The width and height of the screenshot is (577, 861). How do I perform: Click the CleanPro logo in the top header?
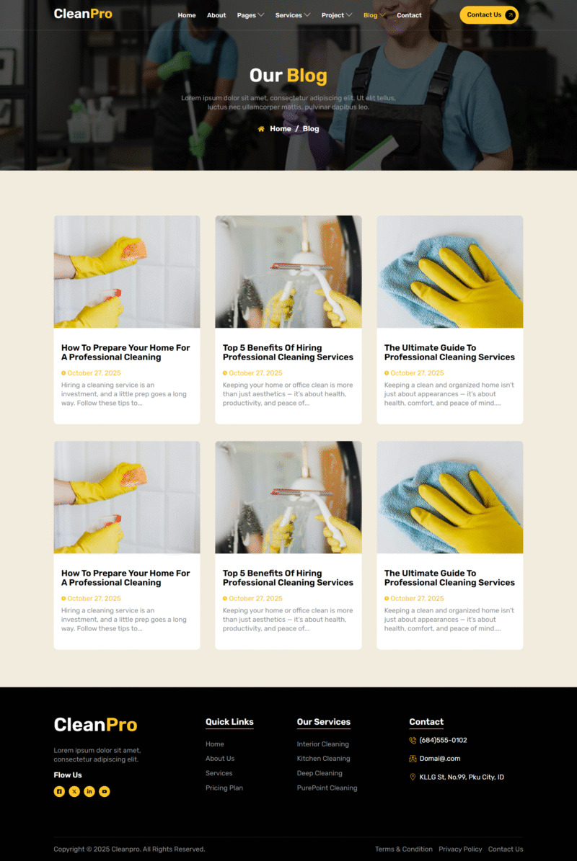coord(83,14)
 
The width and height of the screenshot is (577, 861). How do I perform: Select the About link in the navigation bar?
coord(216,15)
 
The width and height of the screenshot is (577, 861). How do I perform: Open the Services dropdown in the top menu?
coord(292,15)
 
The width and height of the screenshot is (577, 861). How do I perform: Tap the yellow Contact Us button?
coord(489,15)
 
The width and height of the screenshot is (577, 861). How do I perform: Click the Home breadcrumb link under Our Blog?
coord(281,128)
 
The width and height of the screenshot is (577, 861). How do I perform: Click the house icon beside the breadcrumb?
coord(261,129)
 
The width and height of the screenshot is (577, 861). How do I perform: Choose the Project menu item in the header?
coord(337,15)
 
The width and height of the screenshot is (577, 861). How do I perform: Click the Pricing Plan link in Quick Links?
coord(224,788)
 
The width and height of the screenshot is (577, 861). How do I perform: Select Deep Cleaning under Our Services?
coord(320,773)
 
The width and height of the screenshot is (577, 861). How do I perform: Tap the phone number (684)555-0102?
coord(443,740)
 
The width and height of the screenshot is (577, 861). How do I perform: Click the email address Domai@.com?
coord(440,758)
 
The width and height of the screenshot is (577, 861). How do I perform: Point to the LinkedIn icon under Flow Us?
coord(89,791)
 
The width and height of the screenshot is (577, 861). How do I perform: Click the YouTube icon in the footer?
coord(104,791)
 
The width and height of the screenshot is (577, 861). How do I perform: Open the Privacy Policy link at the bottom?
coord(460,849)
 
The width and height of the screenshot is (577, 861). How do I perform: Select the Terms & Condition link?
coord(403,849)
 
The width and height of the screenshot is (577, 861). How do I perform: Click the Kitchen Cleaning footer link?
coord(323,758)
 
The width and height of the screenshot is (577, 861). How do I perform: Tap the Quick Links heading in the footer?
coord(229,722)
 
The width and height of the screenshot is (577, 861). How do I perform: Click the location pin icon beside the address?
coord(413,777)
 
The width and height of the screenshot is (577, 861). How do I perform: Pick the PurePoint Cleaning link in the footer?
coord(327,788)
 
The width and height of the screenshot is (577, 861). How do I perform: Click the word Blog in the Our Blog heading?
coord(307,76)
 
